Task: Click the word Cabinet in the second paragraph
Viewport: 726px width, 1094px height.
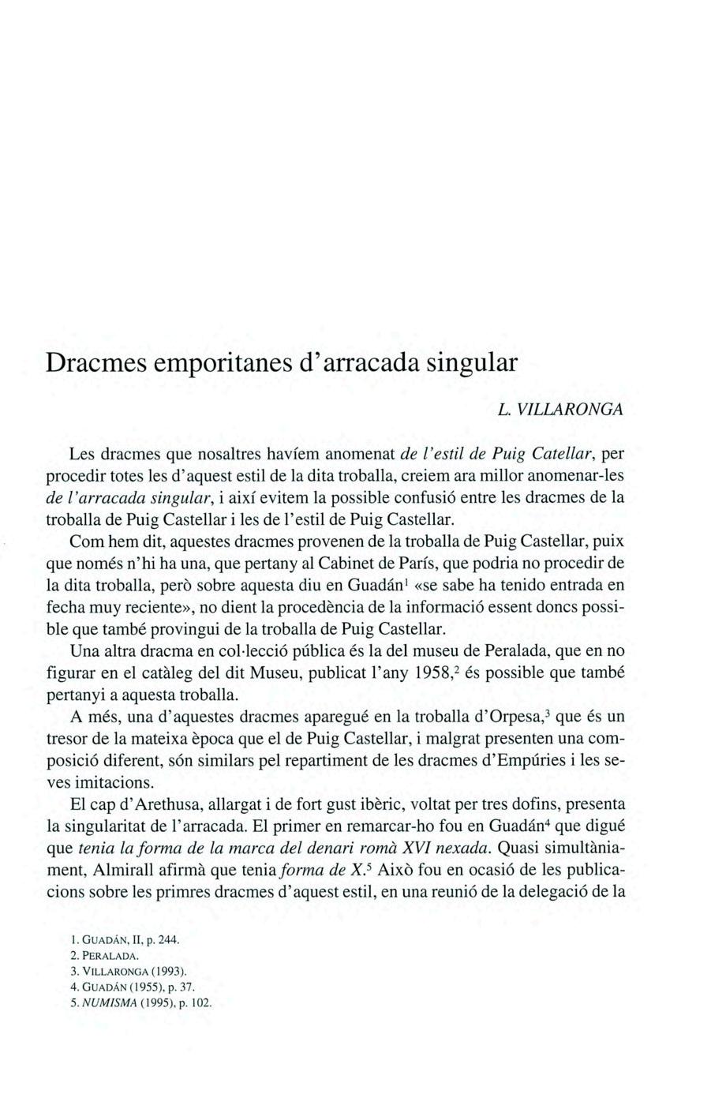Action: point(377,564)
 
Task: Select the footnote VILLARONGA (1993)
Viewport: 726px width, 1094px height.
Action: point(125,972)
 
